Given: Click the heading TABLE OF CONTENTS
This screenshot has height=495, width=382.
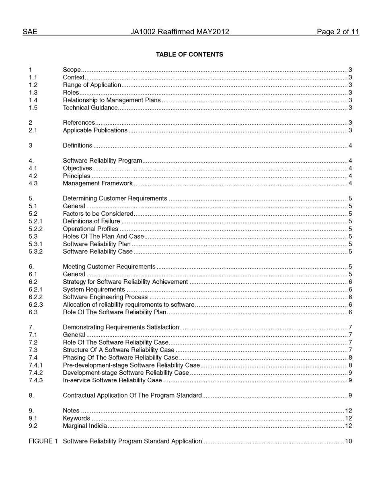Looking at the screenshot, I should click(x=189, y=54).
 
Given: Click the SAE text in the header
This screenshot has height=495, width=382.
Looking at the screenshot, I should click(x=30, y=32).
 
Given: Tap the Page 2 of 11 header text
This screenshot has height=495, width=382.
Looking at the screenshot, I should click(x=338, y=32).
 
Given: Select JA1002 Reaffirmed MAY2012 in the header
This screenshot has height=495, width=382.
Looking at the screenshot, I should click(x=180, y=32).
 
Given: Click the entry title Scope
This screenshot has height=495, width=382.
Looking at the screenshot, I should click(x=72, y=70).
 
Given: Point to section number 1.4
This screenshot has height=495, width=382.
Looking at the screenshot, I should click(x=33, y=100).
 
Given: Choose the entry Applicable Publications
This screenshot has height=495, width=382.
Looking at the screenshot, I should click(x=95, y=130).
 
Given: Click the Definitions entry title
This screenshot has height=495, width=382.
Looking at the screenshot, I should click(x=77, y=146).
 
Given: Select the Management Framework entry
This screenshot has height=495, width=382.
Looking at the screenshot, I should click(x=98, y=184).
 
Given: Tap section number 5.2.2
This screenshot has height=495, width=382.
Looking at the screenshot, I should click(x=35, y=229).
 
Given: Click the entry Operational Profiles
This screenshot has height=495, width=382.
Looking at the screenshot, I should click(x=90, y=229).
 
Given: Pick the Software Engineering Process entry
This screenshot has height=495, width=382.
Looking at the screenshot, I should click(x=105, y=297).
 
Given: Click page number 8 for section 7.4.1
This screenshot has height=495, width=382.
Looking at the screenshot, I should click(x=350, y=365).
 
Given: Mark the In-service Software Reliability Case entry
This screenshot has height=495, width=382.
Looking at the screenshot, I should click(x=112, y=380).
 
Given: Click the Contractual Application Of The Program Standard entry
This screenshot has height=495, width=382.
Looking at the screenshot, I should click(x=132, y=396).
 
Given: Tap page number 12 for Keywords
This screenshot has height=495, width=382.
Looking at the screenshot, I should click(x=348, y=419).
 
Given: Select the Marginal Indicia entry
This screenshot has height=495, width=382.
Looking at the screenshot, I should click(x=85, y=426).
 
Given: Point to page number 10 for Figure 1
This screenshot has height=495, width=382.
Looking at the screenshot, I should click(x=348, y=441).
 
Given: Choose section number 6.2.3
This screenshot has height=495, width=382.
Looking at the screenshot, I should click(x=35, y=305).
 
